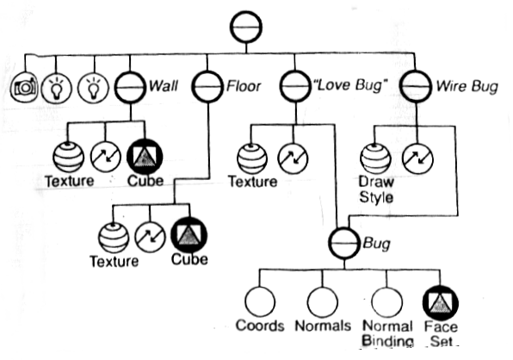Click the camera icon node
pyautogui.click(x=24, y=88)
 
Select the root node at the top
pyautogui.click(x=246, y=27)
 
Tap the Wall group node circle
pyautogui.click(x=130, y=87)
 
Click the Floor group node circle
pyautogui.click(x=207, y=86)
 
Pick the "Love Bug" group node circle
pyautogui.click(x=295, y=86)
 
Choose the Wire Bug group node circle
pyautogui.click(x=416, y=86)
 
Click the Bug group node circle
pyautogui.click(x=344, y=244)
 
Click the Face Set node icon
pyautogui.click(x=441, y=303)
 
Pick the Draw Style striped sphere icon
pyautogui.click(x=375, y=159)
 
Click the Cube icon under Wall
pyautogui.click(x=145, y=157)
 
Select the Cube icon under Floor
pyautogui.click(x=189, y=235)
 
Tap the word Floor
pyautogui.click(x=244, y=86)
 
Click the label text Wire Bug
pyautogui.click(x=467, y=87)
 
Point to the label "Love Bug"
pyautogui.click(x=350, y=85)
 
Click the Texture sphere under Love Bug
pyautogui.click(x=252, y=159)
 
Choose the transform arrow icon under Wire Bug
pyautogui.click(x=417, y=159)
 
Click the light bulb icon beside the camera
pyautogui.click(x=56, y=89)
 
